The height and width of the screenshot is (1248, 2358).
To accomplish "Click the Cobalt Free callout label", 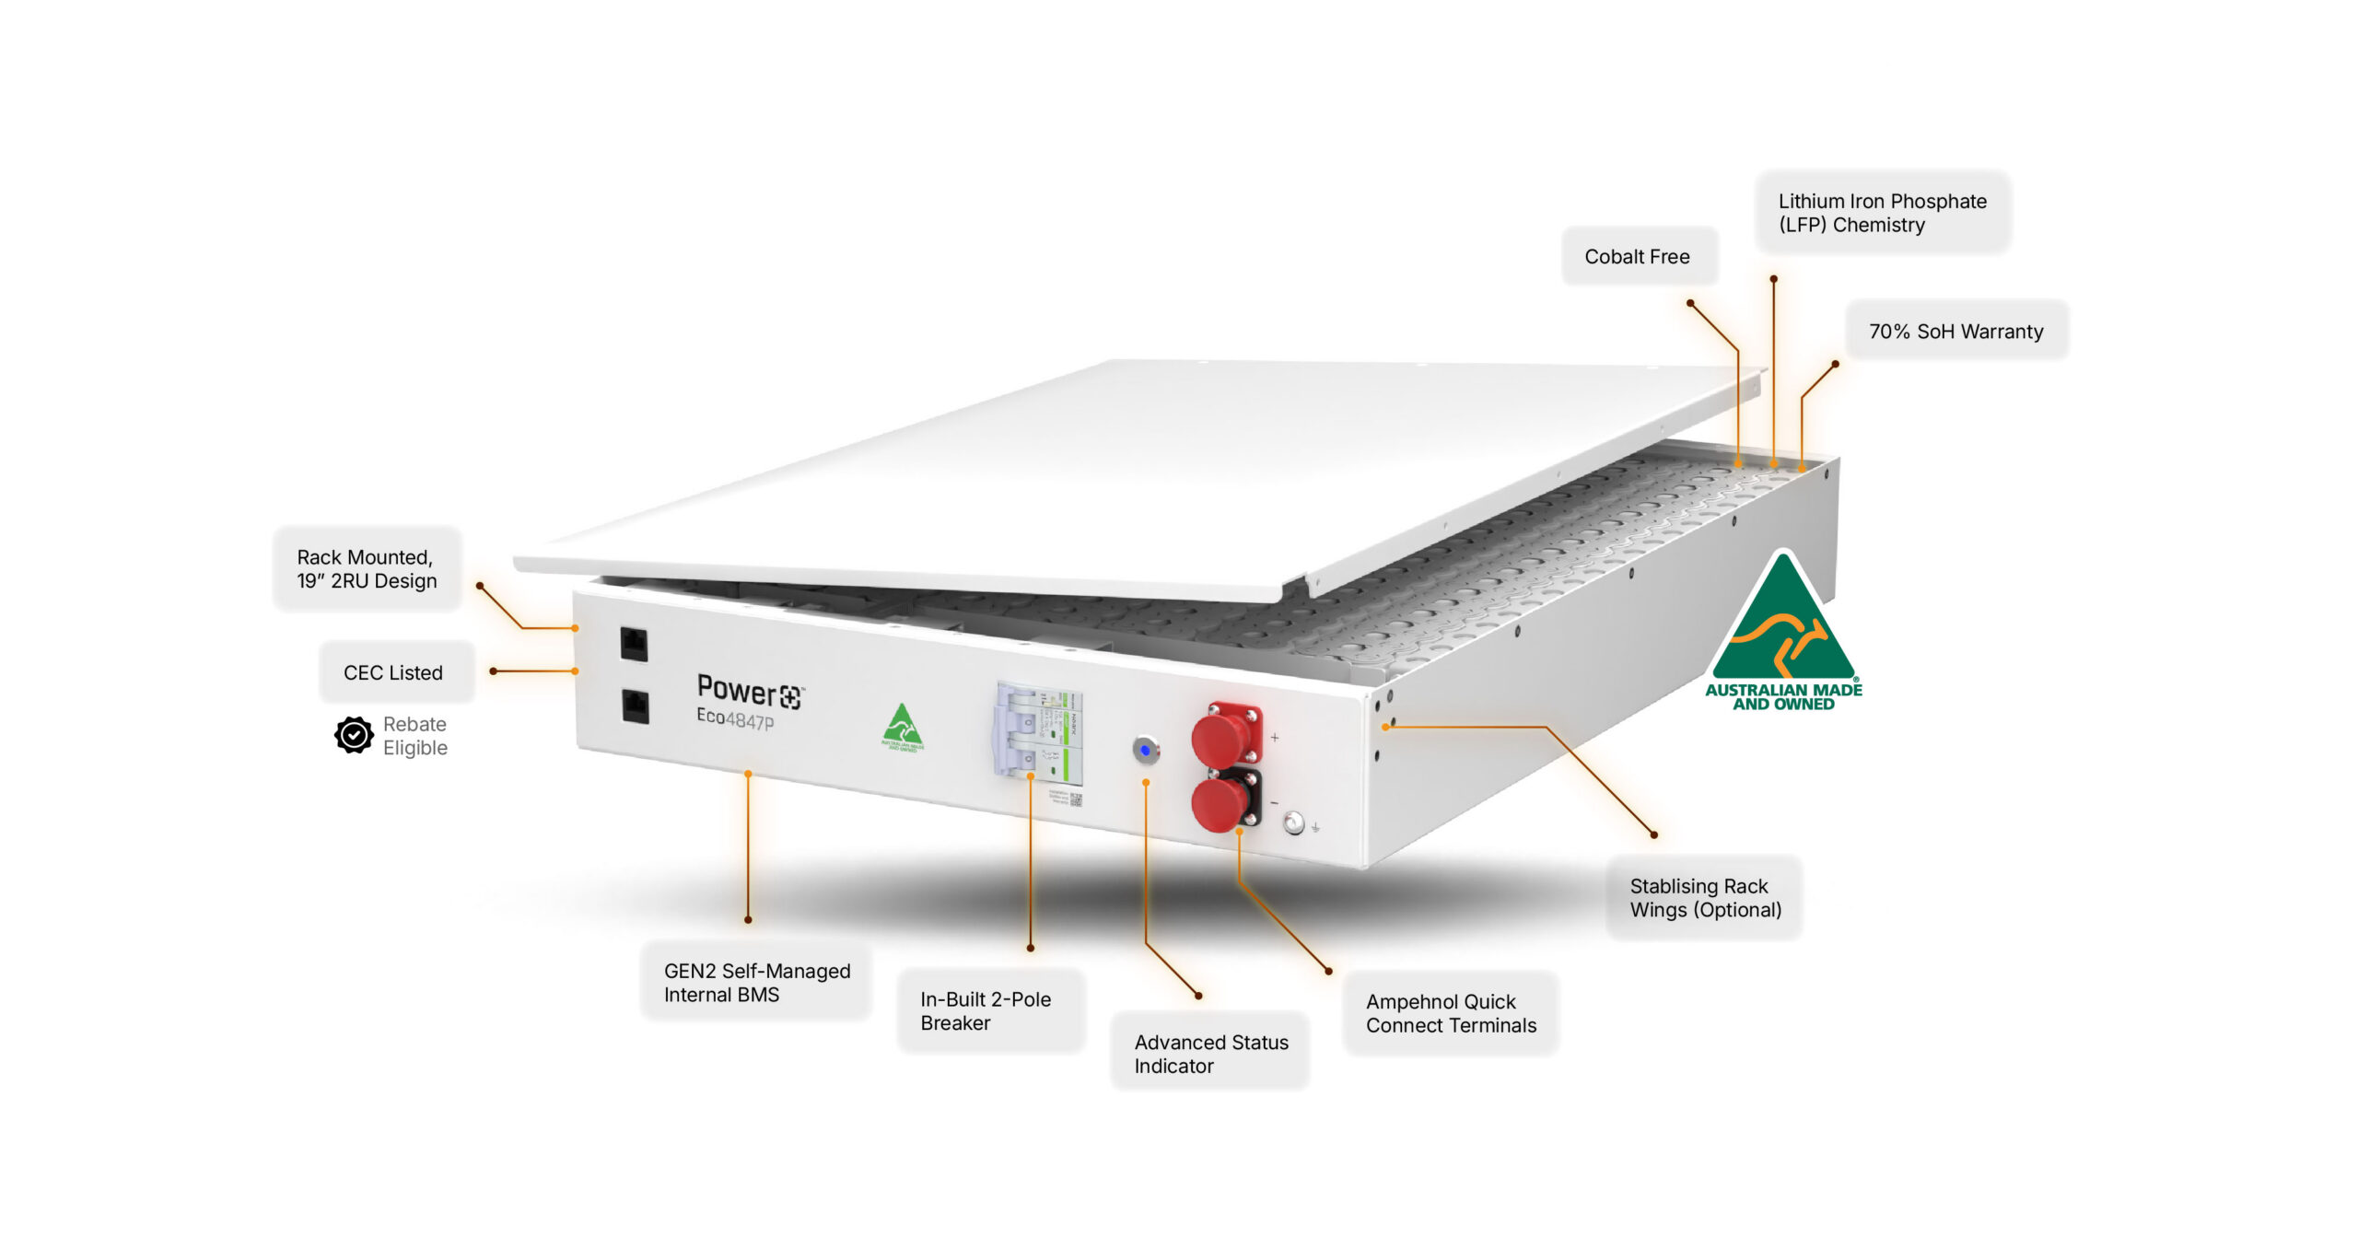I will [x=1637, y=257].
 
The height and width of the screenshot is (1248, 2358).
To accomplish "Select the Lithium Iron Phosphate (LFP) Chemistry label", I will [x=1881, y=213].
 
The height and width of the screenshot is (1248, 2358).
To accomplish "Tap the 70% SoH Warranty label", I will [x=1955, y=332].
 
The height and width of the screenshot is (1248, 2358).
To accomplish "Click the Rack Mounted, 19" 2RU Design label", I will [x=367, y=569].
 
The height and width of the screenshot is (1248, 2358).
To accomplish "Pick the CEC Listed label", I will [x=393, y=673].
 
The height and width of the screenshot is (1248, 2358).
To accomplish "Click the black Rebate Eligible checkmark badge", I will [x=354, y=736].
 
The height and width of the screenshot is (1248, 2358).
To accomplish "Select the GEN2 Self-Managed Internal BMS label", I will [x=756, y=983].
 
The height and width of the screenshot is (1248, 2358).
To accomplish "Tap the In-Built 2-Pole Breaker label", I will [x=986, y=1011].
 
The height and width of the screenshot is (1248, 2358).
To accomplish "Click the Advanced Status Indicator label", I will [x=1210, y=1055].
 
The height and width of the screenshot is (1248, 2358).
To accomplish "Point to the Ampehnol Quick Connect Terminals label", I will [x=1451, y=1014].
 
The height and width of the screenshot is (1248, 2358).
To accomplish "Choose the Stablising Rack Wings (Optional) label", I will [x=1705, y=898].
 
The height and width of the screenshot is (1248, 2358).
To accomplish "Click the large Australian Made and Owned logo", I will [x=1783, y=635].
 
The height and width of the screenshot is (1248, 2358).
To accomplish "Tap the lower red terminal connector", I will [x=1221, y=803].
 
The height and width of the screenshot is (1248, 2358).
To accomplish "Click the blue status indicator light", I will [x=1145, y=751].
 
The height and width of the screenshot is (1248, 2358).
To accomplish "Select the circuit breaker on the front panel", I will [x=1037, y=733].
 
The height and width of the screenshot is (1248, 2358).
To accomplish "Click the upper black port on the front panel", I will [x=634, y=644].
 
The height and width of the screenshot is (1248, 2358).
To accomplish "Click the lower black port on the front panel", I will [x=636, y=706].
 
